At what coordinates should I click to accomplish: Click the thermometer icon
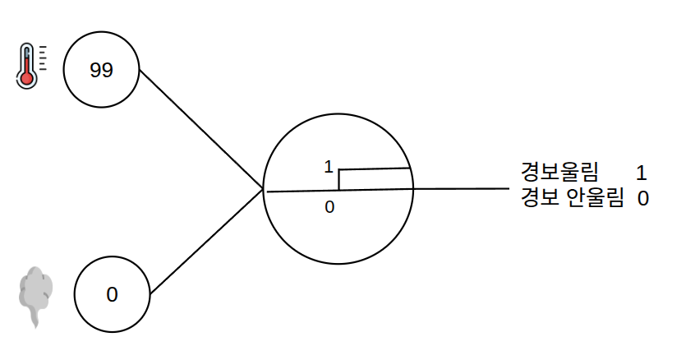click(x=30, y=66)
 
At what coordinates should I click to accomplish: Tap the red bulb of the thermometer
click(x=26, y=79)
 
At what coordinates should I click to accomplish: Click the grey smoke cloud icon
click(x=35, y=297)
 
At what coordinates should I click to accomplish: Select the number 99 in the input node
click(x=101, y=70)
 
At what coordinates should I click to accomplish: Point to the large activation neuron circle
click(x=338, y=114)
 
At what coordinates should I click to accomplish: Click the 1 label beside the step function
click(x=329, y=167)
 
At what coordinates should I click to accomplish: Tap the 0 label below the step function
click(x=329, y=207)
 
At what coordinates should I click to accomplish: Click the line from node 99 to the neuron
click(x=200, y=130)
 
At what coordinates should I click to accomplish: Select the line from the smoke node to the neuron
click(x=206, y=242)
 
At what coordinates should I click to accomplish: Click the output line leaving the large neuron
click(x=462, y=189)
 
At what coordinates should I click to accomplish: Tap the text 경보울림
click(x=559, y=171)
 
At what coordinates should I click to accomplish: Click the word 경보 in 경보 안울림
click(x=540, y=197)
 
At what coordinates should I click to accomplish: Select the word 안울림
click(x=595, y=197)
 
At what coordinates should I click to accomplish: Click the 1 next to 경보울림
click(x=641, y=173)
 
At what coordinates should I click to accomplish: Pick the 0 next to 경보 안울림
click(x=642, y=199)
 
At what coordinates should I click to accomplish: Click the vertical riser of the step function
click(x=339, y=179)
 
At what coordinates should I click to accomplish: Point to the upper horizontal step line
click(x=375, y=168)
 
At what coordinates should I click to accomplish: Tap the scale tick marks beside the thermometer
click(x=43, y=58)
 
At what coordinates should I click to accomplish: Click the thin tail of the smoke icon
click(x=35, y=317)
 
